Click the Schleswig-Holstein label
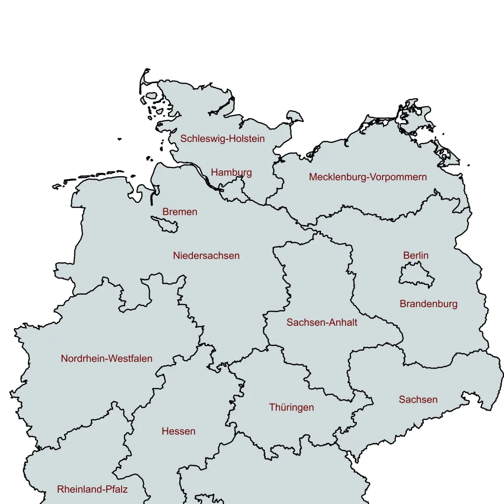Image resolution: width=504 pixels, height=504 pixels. pos(222,139)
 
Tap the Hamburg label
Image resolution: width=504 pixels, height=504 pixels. pos(231,172)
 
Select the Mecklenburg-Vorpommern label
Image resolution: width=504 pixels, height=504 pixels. pos(368,177)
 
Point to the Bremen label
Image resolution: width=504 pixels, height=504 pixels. pos(180,212)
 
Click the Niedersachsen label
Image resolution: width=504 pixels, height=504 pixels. pos(206,256)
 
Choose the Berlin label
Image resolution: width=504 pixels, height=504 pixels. pos(416,255)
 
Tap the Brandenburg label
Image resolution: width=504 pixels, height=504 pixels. pos(428,304)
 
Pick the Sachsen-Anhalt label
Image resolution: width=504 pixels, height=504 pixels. pos(322,323)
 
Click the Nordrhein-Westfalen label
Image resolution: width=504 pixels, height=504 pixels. pos(107,359)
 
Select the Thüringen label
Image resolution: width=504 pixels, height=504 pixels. pos(291,408)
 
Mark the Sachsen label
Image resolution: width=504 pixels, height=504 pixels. pos(418,400)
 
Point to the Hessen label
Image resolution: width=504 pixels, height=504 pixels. pos(179,432)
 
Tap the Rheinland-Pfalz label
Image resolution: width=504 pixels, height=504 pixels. pos(93,490)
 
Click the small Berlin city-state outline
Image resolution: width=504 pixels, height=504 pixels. pos(416,276)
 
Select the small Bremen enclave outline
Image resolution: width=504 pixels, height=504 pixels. pos(166,225)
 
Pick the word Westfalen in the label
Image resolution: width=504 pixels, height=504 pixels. pos(128,359)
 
